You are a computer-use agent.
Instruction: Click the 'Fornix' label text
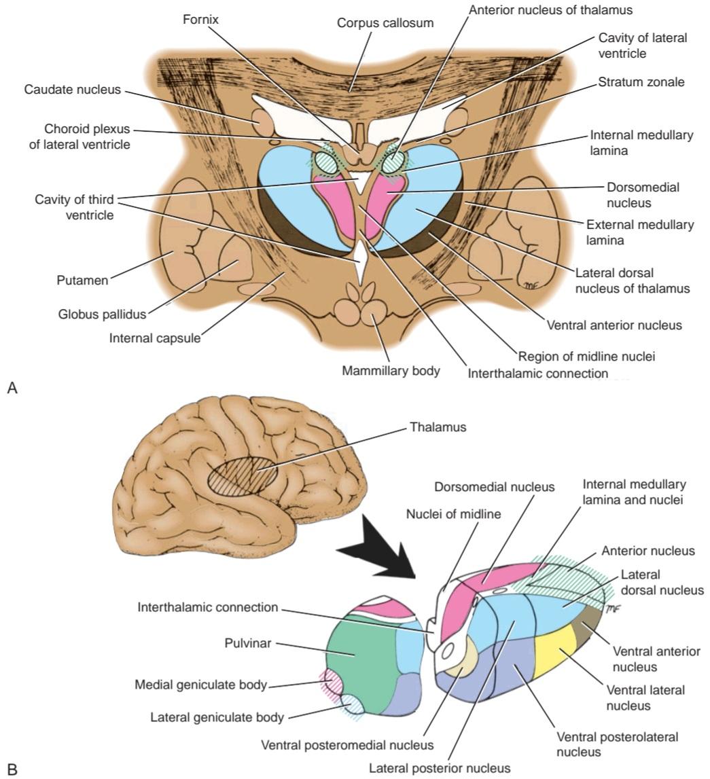(200, 20)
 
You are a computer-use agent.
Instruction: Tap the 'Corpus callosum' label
(385, 23)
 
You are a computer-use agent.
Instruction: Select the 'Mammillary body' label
(391, 371)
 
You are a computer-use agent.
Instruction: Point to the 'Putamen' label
(82, 280)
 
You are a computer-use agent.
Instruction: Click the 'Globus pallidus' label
(103, 314)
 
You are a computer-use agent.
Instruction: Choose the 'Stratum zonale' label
(641, 82)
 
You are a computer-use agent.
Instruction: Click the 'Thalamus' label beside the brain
(438, 427)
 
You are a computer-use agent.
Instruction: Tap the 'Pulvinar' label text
(248, 643)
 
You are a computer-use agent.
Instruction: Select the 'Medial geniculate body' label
(201, 685)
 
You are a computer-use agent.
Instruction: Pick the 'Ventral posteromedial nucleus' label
(347, 745)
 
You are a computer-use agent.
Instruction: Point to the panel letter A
(12, 388)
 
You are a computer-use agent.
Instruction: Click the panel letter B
(12, 769)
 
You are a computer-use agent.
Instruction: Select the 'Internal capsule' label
(155, 338)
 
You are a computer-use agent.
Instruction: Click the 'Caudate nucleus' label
(73, 90)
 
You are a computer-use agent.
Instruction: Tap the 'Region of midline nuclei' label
(587, 357)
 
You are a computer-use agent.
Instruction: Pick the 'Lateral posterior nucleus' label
(439, 768)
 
